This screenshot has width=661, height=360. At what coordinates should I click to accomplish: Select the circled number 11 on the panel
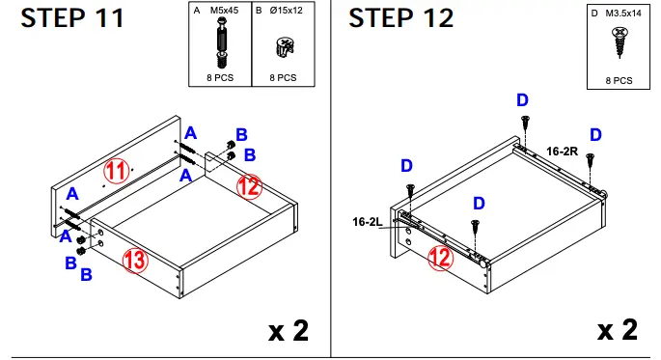click(117, 172)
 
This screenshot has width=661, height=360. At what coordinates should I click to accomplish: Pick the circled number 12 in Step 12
click(441, 256)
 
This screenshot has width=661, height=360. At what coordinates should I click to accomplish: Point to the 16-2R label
click(563, 152)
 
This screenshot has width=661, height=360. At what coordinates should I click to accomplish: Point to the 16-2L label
click(368, 221)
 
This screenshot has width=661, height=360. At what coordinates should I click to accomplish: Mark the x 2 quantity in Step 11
click(288, 330)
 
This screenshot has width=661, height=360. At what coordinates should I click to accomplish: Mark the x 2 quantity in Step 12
click(616, 330)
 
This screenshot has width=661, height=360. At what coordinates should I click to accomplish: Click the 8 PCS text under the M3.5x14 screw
click(619, 82)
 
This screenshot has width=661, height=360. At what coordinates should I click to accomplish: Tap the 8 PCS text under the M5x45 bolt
click(218, 76)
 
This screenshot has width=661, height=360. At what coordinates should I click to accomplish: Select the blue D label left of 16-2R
click(522, 100)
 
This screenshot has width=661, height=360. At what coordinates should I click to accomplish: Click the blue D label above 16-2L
click(406, 167)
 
